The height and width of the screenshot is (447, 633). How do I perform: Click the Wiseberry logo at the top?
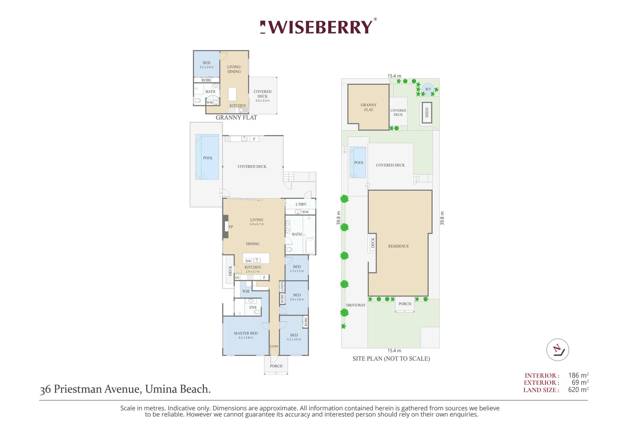pyautogui.click(x=318, y=27)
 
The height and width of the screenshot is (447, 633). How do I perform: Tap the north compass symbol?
pyautogui.click(x=557, y=350)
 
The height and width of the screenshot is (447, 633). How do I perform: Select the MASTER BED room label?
pyautogui.click(x=246, y=333)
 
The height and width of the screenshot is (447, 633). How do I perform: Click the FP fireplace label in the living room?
pyautogui.click(x=231, y=227)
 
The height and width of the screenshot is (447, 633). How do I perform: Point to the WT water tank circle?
pyautogui.click(x=428, y=89)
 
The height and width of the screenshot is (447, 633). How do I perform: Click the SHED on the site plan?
pyautogui.click(x=427, y=112)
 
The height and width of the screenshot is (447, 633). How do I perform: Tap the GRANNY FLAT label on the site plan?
pyautogui.click(x=368, y=107)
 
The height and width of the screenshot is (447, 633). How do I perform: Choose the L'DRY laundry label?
pyautogui.click(x=301, y=204)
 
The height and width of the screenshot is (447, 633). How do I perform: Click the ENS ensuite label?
pyautogui.click(x=253, y=308)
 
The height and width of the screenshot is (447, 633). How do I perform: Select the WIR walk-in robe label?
pyautogui.click(x=246, y=291)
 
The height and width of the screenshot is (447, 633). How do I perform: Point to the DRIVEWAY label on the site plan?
pyautogui.click(x=356, y=305)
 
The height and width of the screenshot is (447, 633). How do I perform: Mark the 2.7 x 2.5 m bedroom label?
pyautogui.click(x=297, y=271)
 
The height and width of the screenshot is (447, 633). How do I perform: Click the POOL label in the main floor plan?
pyautogui.click(x=208, y=158)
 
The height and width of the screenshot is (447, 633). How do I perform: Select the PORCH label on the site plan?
pyautogui.click(x=405, y=304)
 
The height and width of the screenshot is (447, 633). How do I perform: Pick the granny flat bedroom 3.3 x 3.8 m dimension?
pyautogui.click(x=206, y=67)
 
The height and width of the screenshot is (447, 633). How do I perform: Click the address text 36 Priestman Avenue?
pyautogui.click(x=125, y=389)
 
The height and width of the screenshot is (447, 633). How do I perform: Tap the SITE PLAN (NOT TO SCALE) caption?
pyautogui.click(x=391, y=358)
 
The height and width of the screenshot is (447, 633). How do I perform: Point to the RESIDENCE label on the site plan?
pyautogui.click(x=399, y=246)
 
